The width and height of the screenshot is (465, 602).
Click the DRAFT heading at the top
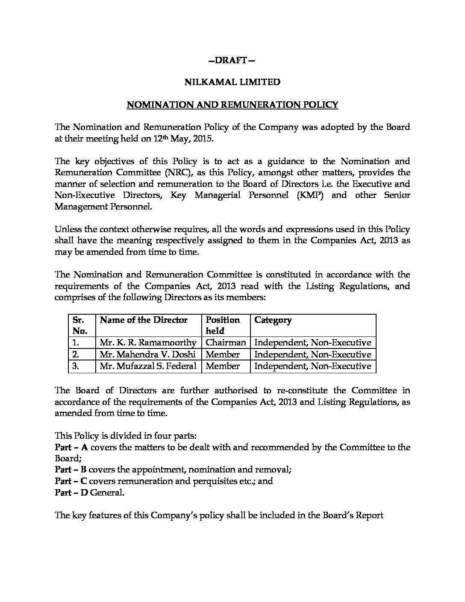pyautogui.click(x=232, y=60)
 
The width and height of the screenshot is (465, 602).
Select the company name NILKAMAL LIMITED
pyautogui.click(x=232, y=82)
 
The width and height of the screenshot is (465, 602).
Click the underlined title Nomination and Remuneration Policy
pyautogui.click(x=232, y=105)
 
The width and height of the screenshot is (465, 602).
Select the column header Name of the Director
pyautogui.click(x=144, y=320)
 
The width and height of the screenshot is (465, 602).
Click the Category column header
pyautogui.click(x=273, y=320)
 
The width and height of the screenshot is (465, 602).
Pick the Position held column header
pyautogui.click(x=223, y=325)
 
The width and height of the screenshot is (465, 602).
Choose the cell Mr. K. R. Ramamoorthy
pyautogui.click(x=148, y=343)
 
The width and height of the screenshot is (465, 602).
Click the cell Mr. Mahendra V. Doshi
pyautogui.click(x=147, y=354)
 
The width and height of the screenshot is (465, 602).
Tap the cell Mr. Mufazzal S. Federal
pyautogui.click(x=148, y=366)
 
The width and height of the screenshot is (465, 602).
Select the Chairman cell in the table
pyautogui.click(x=226, y=343)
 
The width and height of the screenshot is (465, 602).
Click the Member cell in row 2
pyautogui.click(x=223, y=354)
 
